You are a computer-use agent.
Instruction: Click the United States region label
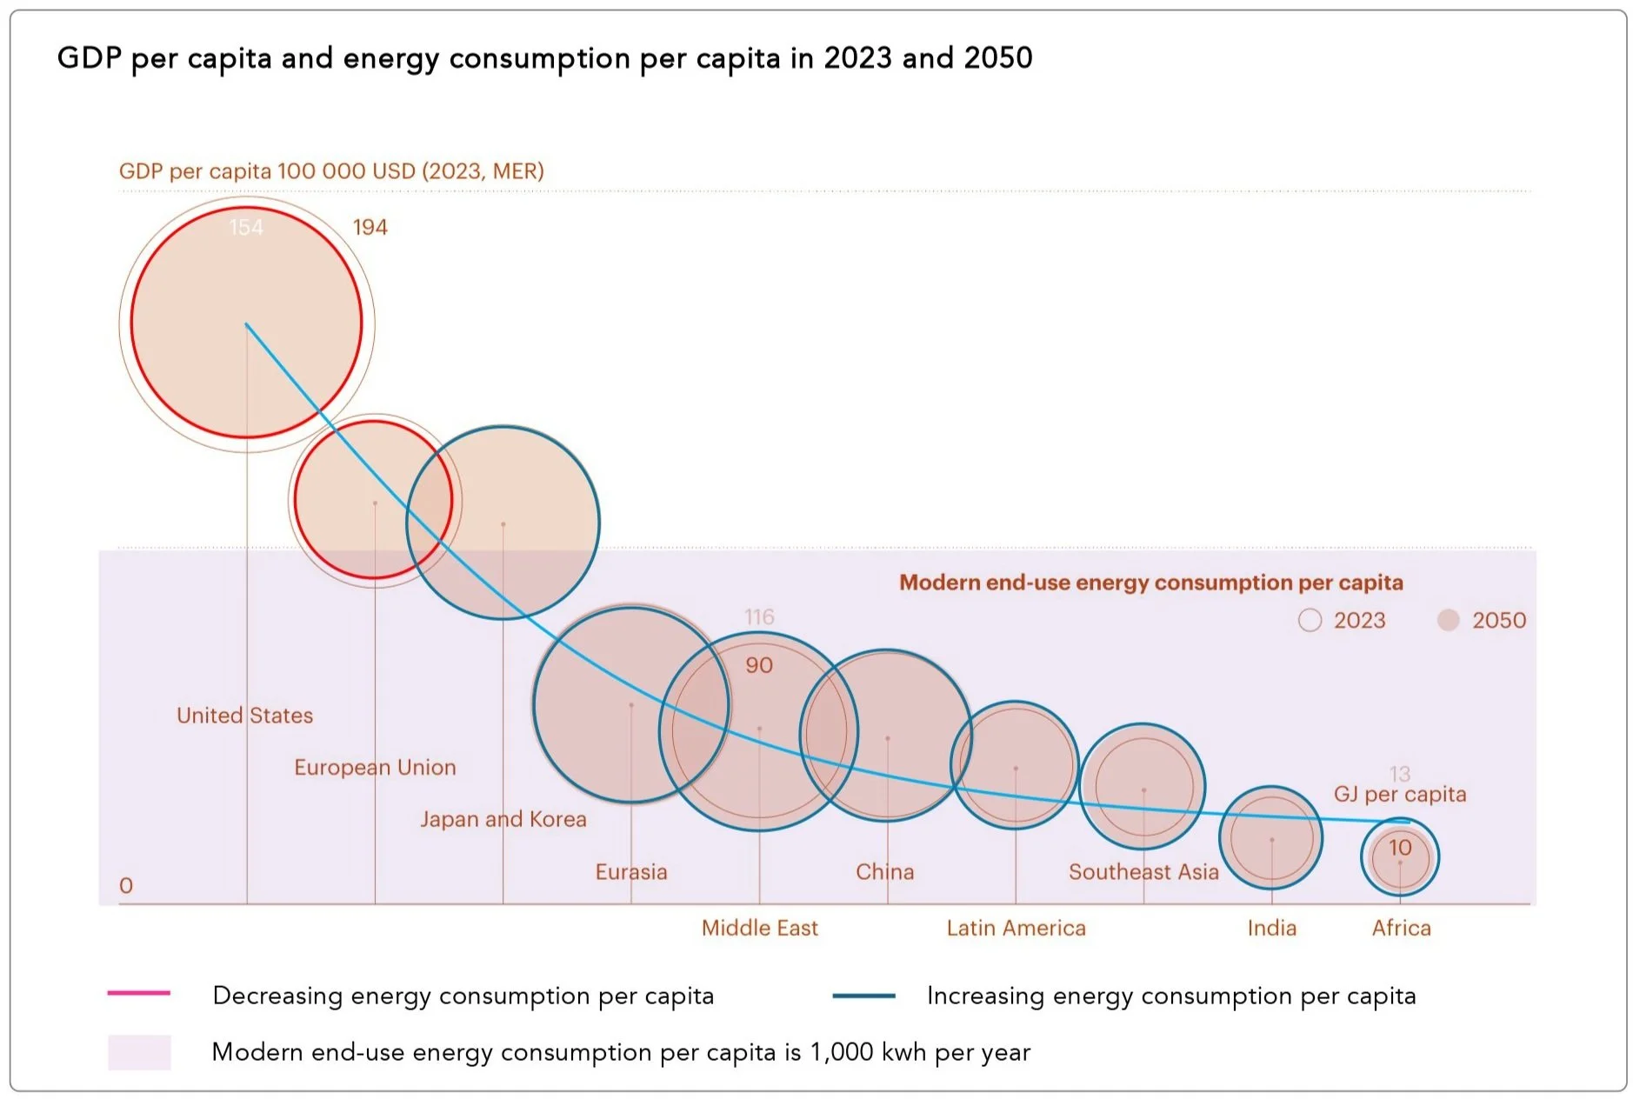click(244, 716)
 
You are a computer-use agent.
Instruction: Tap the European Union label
click(375, 768)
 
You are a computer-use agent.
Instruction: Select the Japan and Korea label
click(503, 820)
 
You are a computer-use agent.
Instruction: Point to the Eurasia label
click(631, 872)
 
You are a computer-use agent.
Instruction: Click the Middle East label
click(760, 929)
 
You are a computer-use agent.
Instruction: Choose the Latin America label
click(1016, 929)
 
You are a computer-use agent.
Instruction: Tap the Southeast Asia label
click(1143, 872)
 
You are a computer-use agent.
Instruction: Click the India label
click(1271, 929)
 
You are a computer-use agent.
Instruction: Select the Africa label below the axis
click(1401, 929)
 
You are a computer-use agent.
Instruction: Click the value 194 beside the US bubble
click(370, 228)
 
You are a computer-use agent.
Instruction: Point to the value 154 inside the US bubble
click(245, 228)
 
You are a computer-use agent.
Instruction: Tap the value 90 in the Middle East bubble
click(758, 665)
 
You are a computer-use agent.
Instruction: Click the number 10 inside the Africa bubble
click(1400, 848)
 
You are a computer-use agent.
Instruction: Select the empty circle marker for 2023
click(1310, 620)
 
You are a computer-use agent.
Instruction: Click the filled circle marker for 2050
click(1448, 620)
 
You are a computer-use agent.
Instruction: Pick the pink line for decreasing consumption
click(139, 993)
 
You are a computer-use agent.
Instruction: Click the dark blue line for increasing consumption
click(863, 996)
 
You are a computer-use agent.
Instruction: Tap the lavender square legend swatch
click(139, 1052)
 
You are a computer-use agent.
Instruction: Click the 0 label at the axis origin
click(126, 886)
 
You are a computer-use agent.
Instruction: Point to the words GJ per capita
click(1399, 795)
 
